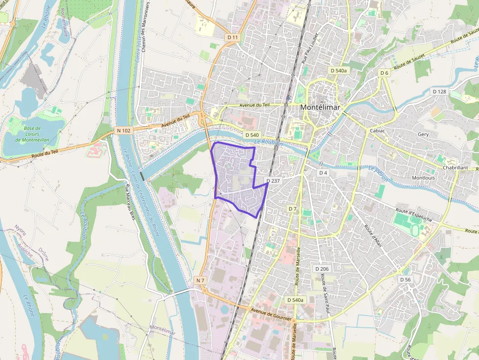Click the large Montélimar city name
[320, 107]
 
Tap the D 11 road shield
[233, 37]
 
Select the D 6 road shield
[385, 73]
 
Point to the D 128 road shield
[439, 91]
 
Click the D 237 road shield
[274, 181]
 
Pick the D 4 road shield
[323, 173]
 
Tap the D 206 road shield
[322, 269]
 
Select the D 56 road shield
[405, 279]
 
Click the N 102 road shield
[124, 130]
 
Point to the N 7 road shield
[200, 280]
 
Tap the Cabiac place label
[378, 131]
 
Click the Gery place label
[423, 134]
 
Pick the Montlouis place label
[423, 178]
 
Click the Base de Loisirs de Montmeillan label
[32, 134]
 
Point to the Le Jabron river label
[378, 173]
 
